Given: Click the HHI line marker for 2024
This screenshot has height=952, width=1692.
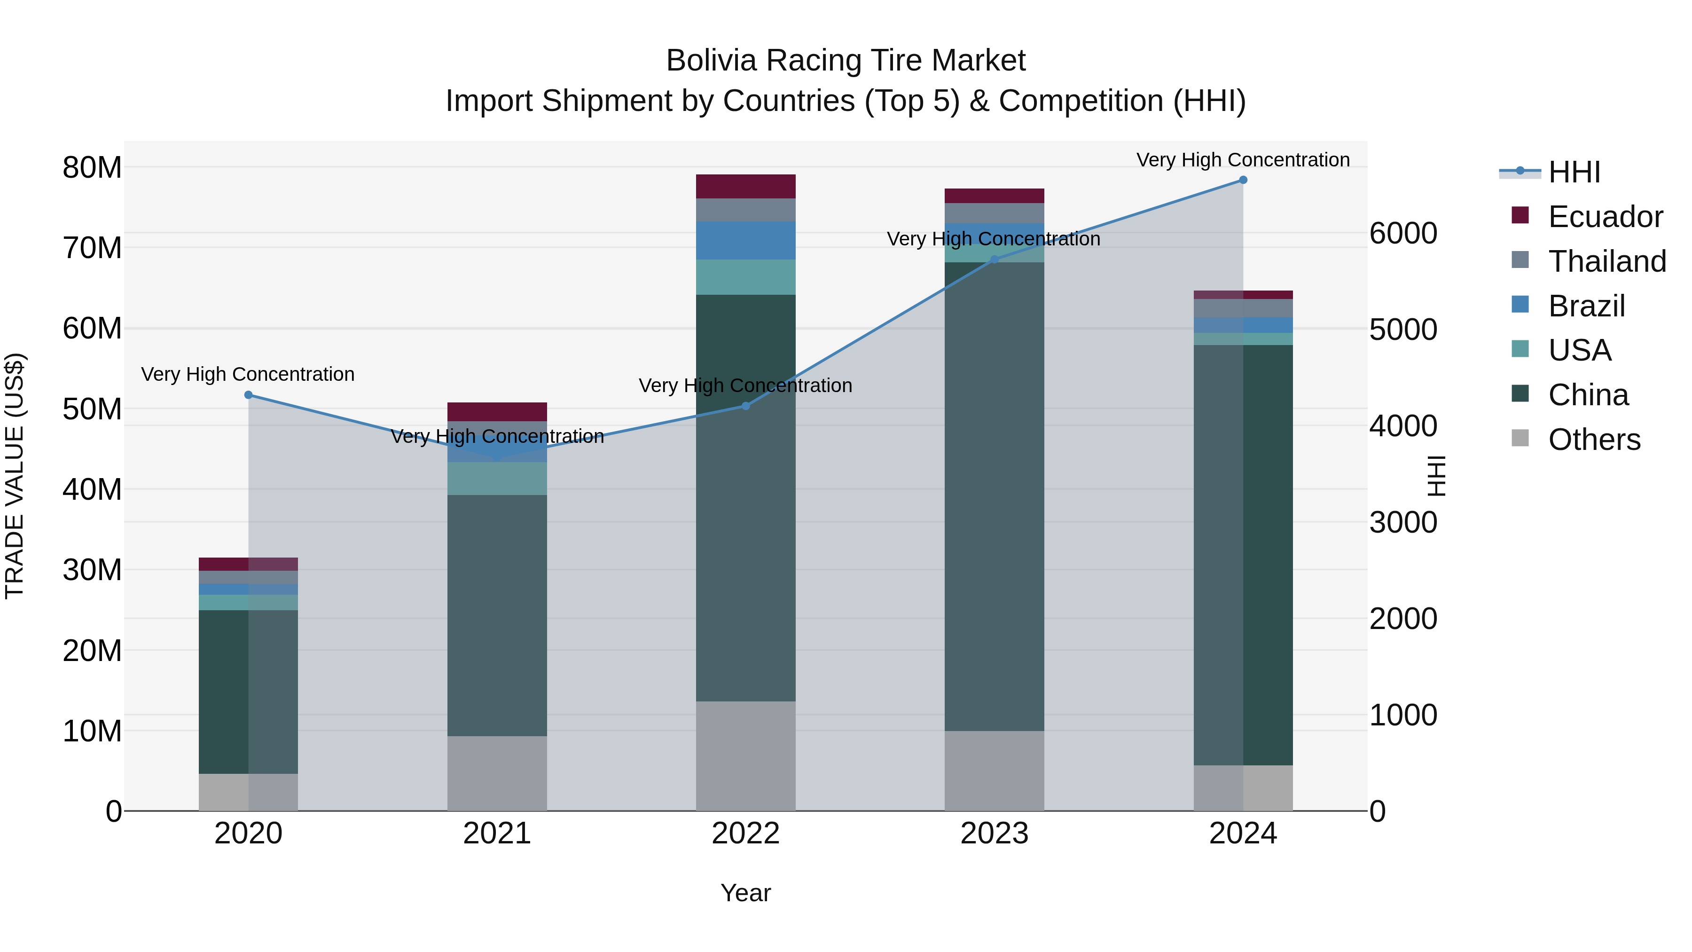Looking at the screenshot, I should point(1243,180).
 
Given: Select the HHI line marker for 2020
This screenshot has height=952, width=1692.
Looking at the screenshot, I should point(248,395).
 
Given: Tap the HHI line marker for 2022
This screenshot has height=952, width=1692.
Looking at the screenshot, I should point(745,406).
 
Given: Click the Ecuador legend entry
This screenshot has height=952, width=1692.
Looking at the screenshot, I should point(1606,217).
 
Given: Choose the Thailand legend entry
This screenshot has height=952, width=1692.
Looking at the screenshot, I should point(1606,261).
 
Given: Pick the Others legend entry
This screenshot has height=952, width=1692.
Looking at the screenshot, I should point(1594,440).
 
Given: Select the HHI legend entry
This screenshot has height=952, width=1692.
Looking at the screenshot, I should point(1574,172).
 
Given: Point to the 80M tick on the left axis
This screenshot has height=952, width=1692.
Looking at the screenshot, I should point(92,167).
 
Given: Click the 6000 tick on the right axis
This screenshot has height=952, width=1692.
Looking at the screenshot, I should point(1403,233).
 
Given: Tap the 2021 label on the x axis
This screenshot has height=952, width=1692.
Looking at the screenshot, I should point(497,834).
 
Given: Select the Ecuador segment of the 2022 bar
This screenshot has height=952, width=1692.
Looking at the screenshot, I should point(745,187).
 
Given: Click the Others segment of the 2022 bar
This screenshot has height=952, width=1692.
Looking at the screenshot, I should point(745,755).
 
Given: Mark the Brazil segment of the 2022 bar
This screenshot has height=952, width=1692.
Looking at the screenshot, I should point(745,240).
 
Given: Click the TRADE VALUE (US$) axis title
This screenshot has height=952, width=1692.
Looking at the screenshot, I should point(15,476).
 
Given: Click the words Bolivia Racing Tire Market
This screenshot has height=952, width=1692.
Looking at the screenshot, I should point(846,61).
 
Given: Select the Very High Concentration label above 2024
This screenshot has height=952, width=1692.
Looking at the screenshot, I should point(1243,160).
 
